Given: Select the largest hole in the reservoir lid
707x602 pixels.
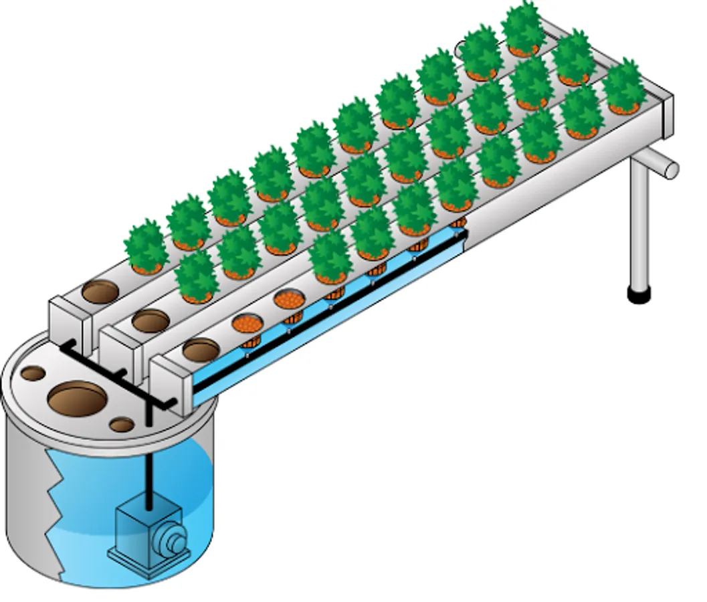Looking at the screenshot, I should point(78,401).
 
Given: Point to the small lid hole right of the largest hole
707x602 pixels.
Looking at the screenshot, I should point(122,424).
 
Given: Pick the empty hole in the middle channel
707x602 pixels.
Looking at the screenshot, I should point(150,321).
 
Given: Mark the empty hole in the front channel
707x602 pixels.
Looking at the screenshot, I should point(201,350).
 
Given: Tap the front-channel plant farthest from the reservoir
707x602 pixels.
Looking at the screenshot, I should point(623,86).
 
